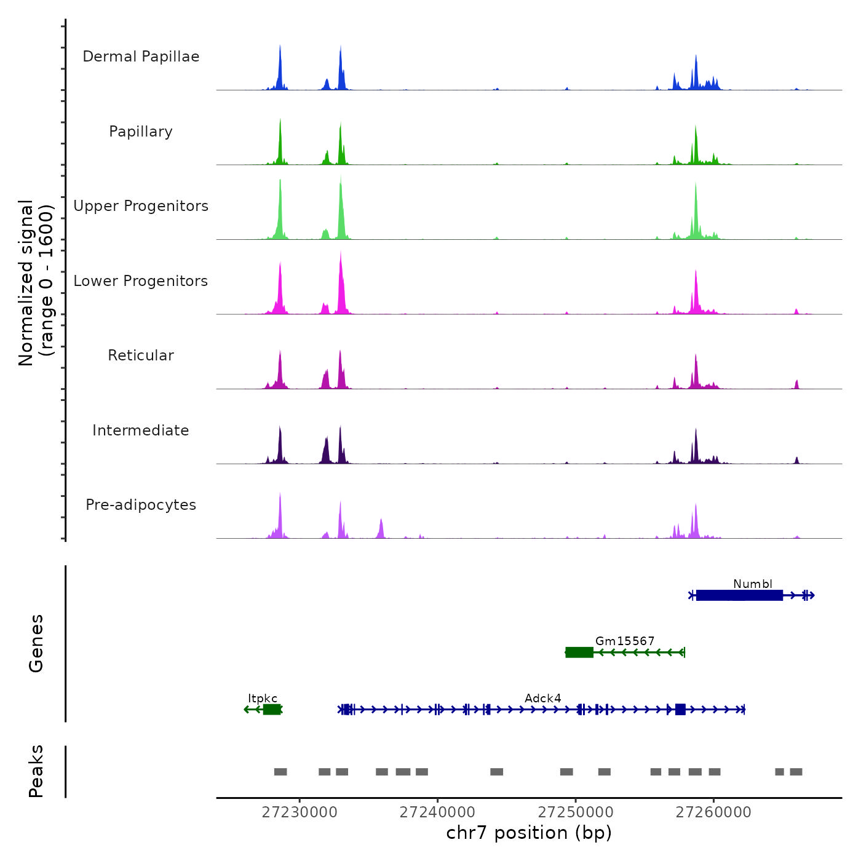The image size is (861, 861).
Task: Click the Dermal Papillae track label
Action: tap(141, 57)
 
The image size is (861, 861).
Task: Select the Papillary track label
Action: tap(141, 132)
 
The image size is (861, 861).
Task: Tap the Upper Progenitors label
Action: tap(141, 206)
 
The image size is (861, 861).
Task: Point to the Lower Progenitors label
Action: tap(141, 281)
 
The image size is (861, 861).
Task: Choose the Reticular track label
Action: tap(141, 355)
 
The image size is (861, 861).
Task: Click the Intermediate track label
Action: tap(141, 430)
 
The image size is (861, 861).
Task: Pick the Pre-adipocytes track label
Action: tap(141, 505)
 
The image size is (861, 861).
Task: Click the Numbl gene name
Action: tap(752, 584)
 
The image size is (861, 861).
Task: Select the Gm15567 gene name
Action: tap(625, 641)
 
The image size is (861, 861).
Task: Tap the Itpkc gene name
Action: tap(263, 698)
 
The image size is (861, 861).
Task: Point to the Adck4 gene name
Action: tap(542, 698)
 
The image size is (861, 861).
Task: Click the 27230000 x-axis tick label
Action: tap(300, 812)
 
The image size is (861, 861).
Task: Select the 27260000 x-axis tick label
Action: tap(713, 812)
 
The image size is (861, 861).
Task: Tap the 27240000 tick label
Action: tap(437, 812)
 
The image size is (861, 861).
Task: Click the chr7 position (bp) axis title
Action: tap(529, 833)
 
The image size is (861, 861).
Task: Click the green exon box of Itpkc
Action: tap(272, 710)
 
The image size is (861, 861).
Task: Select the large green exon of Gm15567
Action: tap(579, 653)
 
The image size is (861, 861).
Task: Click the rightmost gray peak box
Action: tap(796, 772)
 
